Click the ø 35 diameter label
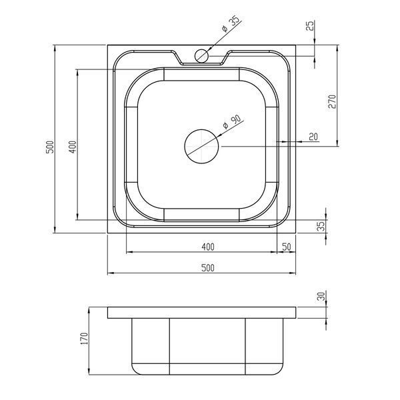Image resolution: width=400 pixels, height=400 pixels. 231,24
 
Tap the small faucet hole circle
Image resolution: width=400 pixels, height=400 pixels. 201,56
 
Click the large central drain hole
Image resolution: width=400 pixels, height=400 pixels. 201,146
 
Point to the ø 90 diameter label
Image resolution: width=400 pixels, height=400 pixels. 232,122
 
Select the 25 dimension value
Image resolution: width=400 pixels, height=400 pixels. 311,25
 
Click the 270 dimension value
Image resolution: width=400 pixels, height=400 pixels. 333,101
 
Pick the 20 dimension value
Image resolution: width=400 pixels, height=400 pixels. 313,137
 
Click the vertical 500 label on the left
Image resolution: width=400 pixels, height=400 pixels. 50,147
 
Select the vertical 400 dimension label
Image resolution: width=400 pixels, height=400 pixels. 73,147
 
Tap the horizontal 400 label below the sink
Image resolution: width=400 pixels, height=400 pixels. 208,247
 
